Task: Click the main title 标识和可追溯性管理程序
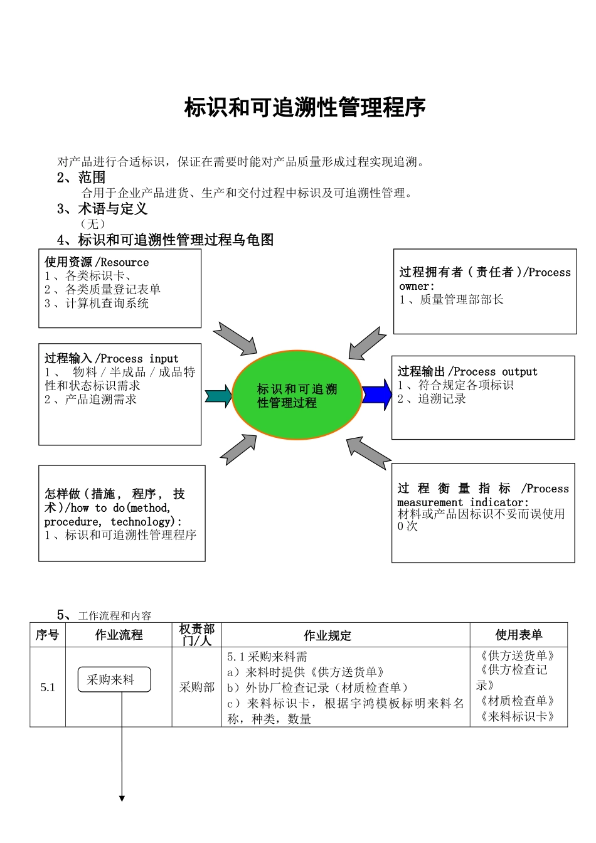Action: pos(305,108)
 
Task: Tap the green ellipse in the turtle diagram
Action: pos(297,396)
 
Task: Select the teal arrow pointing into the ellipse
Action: pos(218,396)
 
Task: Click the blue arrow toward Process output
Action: pos(377,395)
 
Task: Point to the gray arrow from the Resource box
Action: pos(235,339)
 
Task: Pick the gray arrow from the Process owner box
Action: pos(367,343)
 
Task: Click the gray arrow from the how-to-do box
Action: pos(239,449)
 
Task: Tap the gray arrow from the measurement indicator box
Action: pos(368,452)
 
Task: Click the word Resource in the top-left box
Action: pos(124,262)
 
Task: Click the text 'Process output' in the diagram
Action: pos(496,371)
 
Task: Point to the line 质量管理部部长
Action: pos(461,300)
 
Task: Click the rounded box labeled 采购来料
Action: pos(114,679)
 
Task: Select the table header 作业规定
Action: pos(327,635)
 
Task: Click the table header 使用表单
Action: pos(518,635)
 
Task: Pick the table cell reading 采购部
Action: pos(197,687)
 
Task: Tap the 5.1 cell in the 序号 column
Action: pos(48,687)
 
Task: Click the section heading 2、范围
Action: pos(82,178)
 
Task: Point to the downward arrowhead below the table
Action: pos(122,798)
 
